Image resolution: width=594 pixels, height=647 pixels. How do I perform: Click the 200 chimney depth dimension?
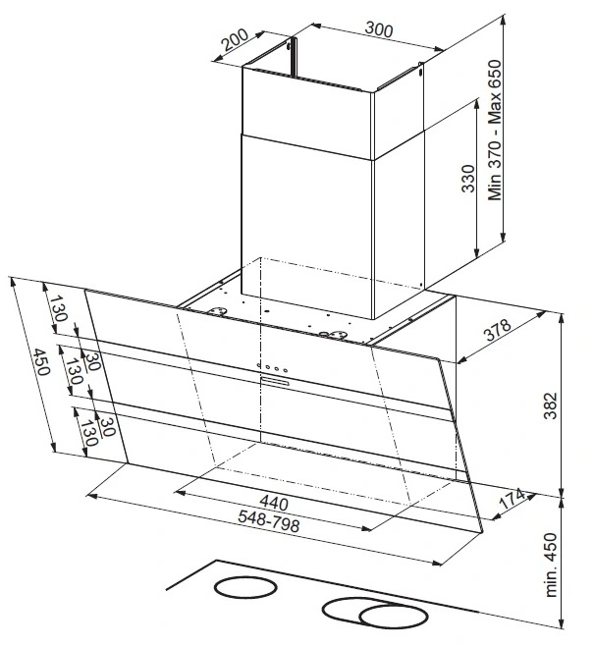click(235, 39)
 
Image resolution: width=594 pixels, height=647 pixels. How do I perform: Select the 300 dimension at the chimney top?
click(379, 29)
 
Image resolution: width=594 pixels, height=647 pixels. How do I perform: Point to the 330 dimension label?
click(468, 179)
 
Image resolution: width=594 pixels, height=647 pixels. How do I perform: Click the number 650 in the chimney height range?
click(495, 74)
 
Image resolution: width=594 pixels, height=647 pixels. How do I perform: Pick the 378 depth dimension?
click(498, 329)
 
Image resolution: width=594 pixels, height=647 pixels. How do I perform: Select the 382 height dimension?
click(550, 405)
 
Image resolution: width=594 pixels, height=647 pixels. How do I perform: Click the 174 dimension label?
click(512, 499)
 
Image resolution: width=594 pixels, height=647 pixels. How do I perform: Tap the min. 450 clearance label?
click(551, 565)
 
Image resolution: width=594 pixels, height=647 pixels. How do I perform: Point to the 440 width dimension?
click(274, 503)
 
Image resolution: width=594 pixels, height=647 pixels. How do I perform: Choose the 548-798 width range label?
click(269, 520)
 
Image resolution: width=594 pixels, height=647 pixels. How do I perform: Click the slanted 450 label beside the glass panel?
click(41, 362)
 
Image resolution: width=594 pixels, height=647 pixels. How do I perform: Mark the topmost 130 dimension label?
click(59, 308)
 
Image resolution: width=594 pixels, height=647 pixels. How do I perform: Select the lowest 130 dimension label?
click(89, 434)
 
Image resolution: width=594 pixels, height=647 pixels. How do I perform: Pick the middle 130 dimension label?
click(75, 371)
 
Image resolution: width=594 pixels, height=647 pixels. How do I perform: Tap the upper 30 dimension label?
click(93, 361)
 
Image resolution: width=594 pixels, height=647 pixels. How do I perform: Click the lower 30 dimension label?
click(106, 427)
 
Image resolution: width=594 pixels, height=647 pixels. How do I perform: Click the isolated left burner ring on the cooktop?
click(245, 587)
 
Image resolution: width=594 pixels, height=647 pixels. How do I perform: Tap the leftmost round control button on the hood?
click(258, 365)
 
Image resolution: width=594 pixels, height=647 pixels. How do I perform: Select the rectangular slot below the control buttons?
click(275, 382)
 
